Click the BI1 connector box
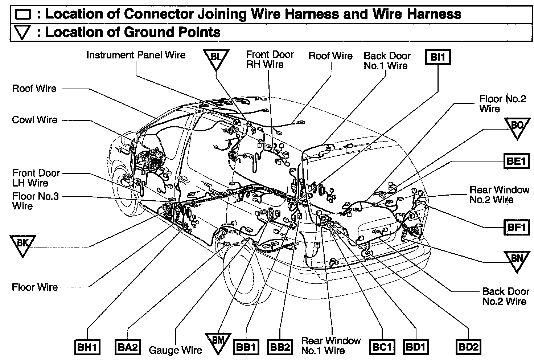coord(438,57)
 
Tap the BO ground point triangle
coord(517,128)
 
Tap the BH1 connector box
coord(87,347)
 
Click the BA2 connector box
coord(127,347)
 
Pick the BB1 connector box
coord(246,347)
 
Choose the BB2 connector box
coord(280,347)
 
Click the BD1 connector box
coord(415,347)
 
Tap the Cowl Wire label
coord(35,120)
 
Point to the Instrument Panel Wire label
coord(136,55)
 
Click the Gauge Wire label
coord(175,350)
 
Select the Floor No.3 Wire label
coord(36,201)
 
